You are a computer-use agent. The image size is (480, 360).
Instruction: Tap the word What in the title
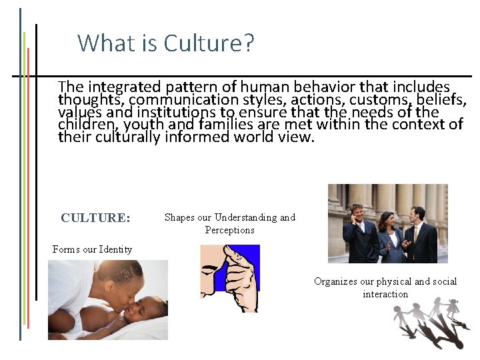click(99, 43)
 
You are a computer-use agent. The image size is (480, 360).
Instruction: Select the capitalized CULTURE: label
click(95, 218)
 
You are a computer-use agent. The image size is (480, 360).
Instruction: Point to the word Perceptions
click(229, 230)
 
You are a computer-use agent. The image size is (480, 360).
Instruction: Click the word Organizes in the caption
click(335, 281)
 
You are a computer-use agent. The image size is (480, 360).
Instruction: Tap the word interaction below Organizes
click(385, 294)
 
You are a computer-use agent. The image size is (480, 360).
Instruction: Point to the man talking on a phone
click(360, 230)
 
